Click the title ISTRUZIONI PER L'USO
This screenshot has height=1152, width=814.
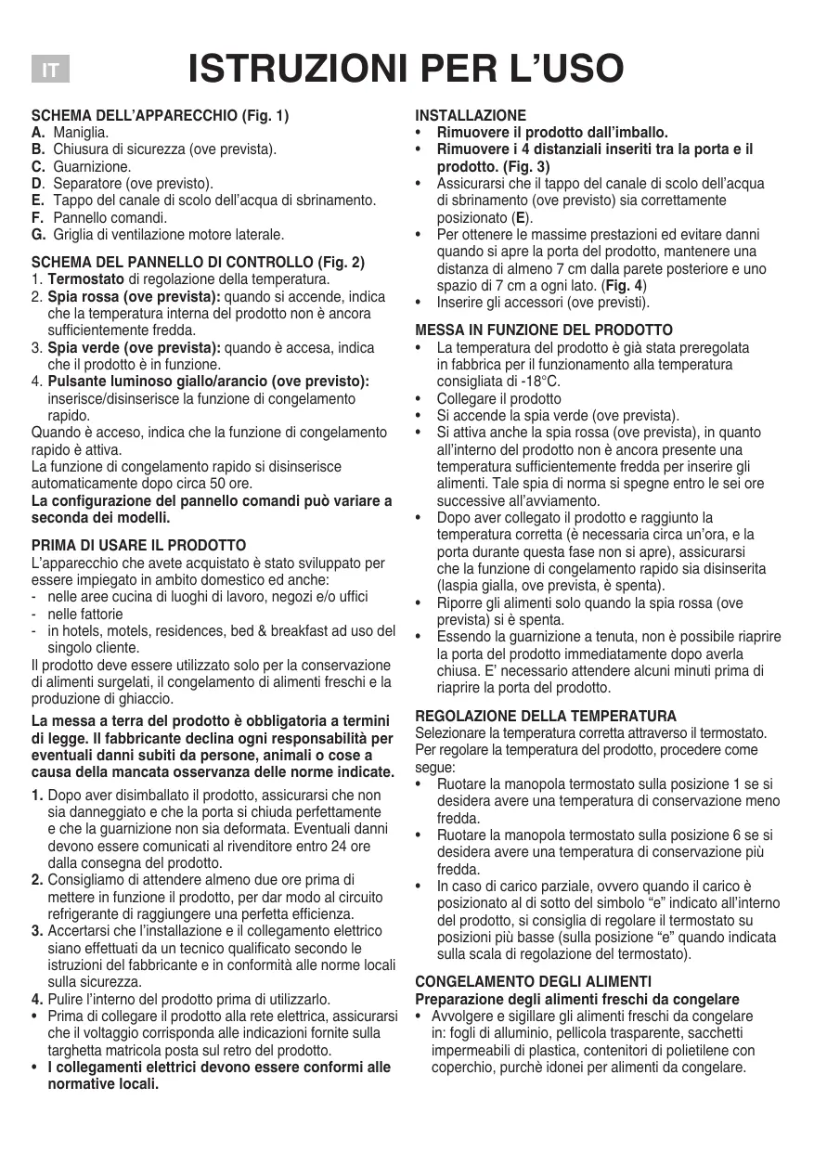[406, 70]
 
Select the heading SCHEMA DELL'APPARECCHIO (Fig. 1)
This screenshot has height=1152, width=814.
[161, 116]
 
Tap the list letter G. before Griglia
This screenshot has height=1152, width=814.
[38, 234]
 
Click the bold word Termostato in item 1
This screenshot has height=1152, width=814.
[85, 278]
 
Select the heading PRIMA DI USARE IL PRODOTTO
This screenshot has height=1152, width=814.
[138, 545]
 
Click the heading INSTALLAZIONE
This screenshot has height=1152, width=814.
[470, 116]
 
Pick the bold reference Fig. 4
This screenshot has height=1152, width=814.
[624, 285]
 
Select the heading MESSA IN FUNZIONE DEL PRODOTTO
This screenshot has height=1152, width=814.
[544, 330]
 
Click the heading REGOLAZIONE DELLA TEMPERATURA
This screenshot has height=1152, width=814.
[546, 716]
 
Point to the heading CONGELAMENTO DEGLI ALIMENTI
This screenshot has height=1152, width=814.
[533, 981]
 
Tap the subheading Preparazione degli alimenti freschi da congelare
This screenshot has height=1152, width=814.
[576, 999]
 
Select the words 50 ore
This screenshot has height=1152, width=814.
[232, 484]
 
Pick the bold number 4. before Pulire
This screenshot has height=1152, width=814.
[37, 1000]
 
